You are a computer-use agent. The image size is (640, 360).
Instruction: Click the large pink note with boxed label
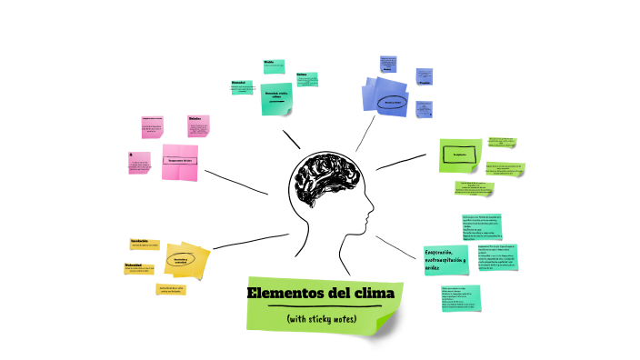(x=180, y=161)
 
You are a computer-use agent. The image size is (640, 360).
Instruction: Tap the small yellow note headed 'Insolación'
(x=145, y=243)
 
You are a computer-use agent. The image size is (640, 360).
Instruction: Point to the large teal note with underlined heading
(x=275, y=97)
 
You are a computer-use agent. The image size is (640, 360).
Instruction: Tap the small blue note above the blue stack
(x=388, y=65)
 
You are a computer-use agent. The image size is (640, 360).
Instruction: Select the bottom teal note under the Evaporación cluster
(x=460, y=297)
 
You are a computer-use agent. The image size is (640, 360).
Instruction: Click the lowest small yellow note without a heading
(x=172, y=290)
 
